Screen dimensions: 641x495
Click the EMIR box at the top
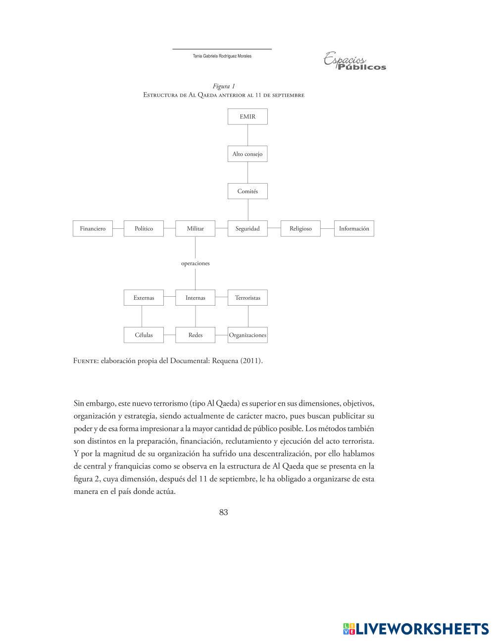(247, 117)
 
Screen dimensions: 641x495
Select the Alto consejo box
(247, 154)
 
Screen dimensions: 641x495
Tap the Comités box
(247, 191)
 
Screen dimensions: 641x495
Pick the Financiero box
(93, 228)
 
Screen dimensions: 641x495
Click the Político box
(144, 228)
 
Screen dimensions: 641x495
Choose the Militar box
(196, 228)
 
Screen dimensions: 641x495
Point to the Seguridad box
(247, 228)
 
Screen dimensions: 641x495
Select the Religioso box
(300, 228)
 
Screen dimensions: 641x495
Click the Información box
(354, 228)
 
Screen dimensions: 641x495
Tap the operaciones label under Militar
(196, 263)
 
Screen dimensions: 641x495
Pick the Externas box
(144, 298)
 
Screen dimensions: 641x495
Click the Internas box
(196, 298)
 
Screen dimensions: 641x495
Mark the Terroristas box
(247, 298)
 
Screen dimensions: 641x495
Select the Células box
(144, 335)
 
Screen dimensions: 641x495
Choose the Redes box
(196, 335)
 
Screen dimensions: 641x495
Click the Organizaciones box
(247, 335)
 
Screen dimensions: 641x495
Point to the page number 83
(223, 512)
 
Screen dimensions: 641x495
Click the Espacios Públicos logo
(354, 62)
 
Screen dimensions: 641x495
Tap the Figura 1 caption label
(224, 86)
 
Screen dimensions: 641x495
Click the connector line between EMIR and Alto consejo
(247, 135)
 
